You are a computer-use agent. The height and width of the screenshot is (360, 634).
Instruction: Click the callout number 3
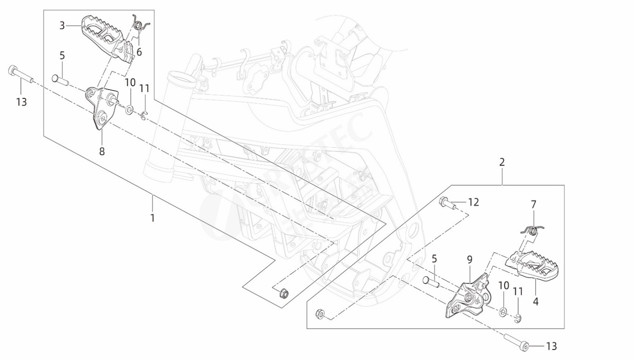tap(62, 25)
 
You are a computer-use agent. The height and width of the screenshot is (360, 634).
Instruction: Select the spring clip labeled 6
tap(140, 26)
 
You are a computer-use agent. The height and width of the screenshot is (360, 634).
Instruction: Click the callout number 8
tap(102, 151)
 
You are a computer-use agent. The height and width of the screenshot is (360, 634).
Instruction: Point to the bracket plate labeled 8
tap(102, 107)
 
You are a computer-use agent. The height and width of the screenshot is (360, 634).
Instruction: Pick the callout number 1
tap(153, 218)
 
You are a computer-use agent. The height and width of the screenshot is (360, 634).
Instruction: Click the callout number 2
tap(502, 162)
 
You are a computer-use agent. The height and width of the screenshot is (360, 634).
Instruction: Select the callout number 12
tap(473, 202)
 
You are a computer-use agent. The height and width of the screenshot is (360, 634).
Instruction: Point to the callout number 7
tap(533, 204)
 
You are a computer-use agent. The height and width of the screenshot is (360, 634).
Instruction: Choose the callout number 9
tap(470, 259)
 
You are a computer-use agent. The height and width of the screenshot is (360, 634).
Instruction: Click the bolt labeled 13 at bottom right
tap(516, 342)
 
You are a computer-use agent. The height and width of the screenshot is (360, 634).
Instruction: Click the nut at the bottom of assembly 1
tap(282, 293)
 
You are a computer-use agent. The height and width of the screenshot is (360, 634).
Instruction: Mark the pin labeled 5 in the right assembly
tap(431, 282)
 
